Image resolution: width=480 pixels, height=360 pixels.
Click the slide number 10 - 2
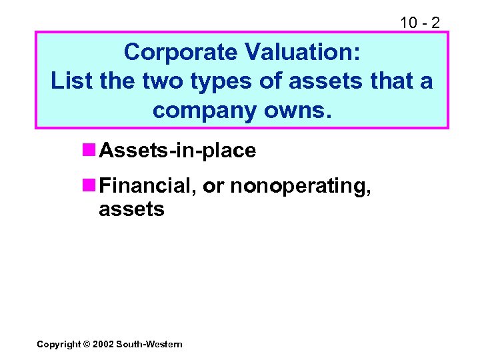tap(419, 23)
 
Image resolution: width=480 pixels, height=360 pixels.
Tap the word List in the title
tap(71, 81)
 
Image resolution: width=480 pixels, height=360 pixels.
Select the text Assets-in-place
tap(177, 151)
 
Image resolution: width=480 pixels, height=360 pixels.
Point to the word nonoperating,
tap(301, 186)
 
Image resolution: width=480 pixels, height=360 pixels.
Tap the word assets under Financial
tap(131, 209)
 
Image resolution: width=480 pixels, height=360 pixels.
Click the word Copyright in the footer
tap(57, 344)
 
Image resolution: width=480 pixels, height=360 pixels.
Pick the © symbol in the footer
tap(86, 344)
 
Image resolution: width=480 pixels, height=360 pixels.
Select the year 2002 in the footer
tap(103, 344)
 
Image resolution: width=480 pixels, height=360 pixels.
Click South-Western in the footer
tap(149, 344)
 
